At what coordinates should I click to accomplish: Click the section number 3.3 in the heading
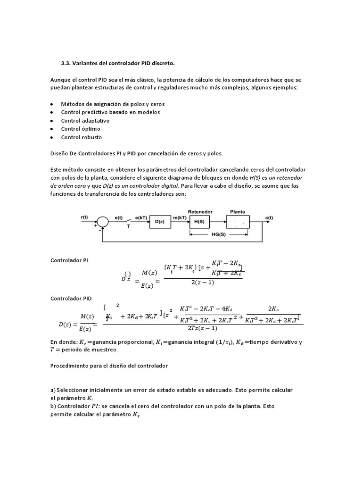(66, 63)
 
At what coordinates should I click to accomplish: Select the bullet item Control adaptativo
(85, 120)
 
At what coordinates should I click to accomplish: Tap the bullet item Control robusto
(81, 137)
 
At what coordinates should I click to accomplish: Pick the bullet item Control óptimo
(81, 129)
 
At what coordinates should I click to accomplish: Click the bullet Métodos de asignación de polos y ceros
(113, 103)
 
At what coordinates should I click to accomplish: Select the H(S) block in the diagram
(200, 222)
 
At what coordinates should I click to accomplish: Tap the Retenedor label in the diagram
(200, 212)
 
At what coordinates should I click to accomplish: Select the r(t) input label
(84, 217)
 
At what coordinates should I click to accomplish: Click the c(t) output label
(269, 217)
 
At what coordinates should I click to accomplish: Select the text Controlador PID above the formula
(71, 299)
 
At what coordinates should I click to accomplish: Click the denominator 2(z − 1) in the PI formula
(204, 283)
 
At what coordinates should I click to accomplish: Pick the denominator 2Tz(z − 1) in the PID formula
(202, 328)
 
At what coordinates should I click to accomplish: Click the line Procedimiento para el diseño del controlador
(109, 366)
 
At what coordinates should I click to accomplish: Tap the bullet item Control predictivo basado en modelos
(110, 112)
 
